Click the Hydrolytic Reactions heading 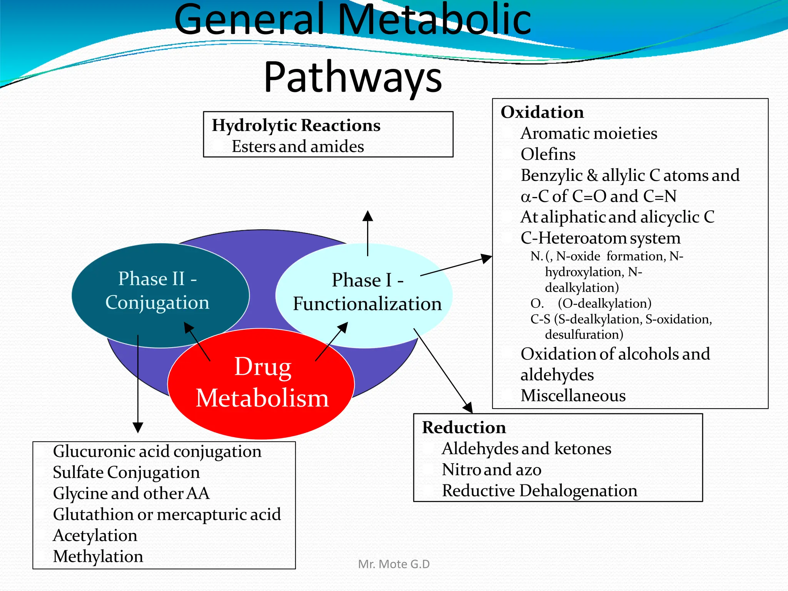coord(296,125)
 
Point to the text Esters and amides coord(297,147)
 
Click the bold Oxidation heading coord(542,112)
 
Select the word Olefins coord(548,154)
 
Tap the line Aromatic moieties coord(589,134)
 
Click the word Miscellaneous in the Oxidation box coord(573,396)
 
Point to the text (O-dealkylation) coord(604,304)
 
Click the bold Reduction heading coord(464,427)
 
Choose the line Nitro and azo coord(491,470)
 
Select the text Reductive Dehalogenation coord(539,491)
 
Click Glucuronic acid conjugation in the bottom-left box coord(157,451)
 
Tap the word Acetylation coord(95,536)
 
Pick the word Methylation coord(98,556)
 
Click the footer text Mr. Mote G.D coord(394,564)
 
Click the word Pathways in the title coord(353,77)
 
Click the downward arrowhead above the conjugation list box coord(138,427)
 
